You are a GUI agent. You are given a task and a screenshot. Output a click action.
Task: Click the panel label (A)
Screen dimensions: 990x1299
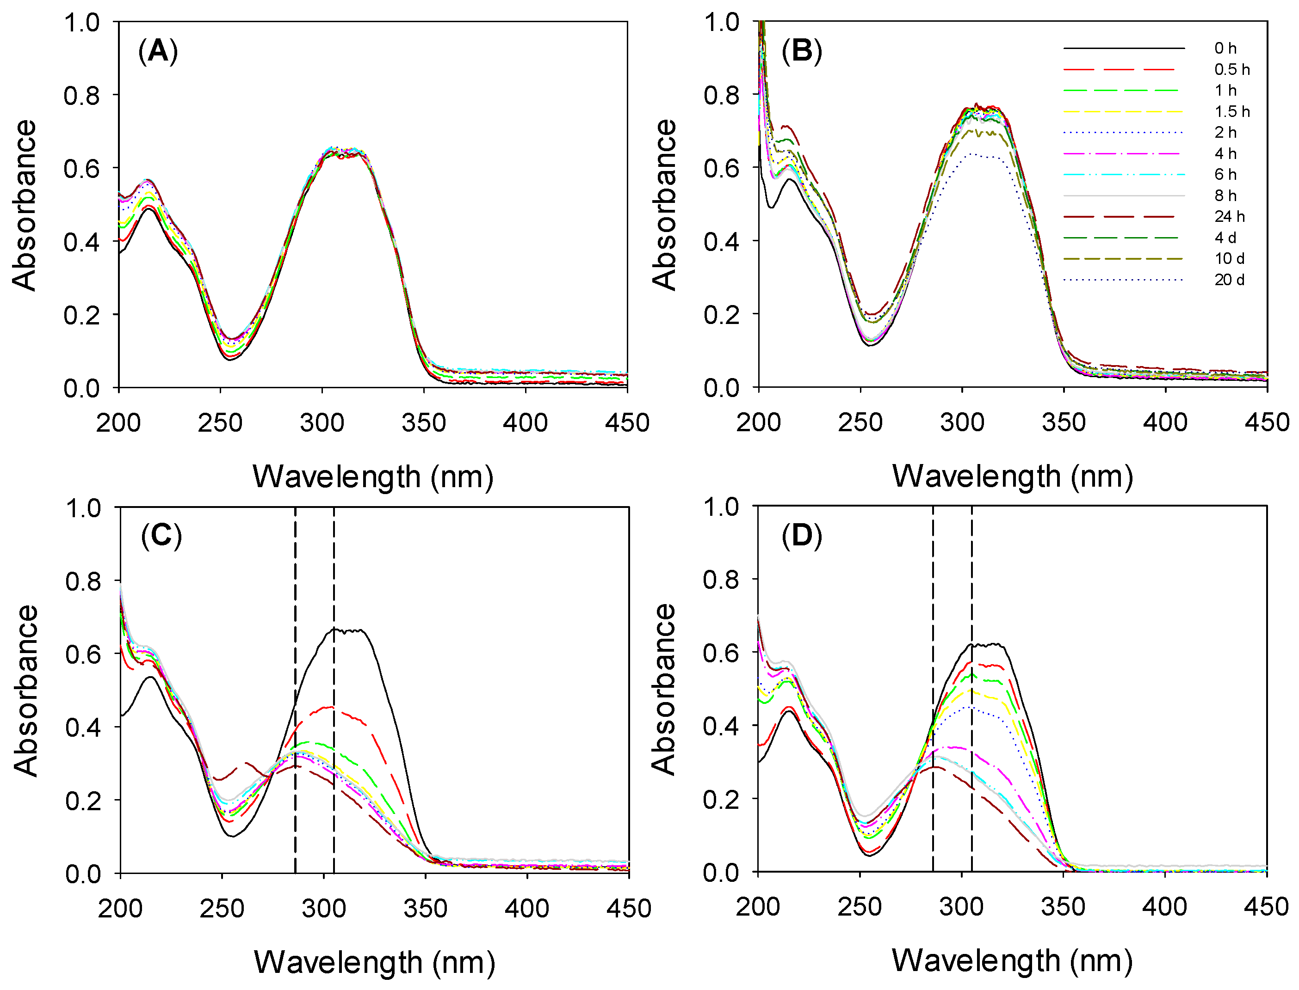click(157, 51)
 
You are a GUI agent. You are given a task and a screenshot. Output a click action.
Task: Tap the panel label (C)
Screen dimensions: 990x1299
click(161, 536)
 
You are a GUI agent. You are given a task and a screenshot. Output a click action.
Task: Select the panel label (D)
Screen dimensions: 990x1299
click(801, 536)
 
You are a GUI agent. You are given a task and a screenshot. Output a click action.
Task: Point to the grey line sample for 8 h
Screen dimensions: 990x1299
click(1123, 196)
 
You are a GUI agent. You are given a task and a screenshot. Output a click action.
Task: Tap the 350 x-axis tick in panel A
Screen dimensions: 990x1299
click(423, 423)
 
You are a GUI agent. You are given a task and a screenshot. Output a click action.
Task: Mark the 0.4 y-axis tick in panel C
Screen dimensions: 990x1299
click(83, 727)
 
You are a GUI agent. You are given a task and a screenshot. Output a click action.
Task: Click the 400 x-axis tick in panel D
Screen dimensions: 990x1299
click(1164, 906)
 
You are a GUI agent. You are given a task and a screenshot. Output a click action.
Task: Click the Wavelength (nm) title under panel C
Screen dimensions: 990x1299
click(374, 962)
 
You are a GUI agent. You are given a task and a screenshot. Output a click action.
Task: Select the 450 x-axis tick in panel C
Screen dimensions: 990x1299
click(629, 909)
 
